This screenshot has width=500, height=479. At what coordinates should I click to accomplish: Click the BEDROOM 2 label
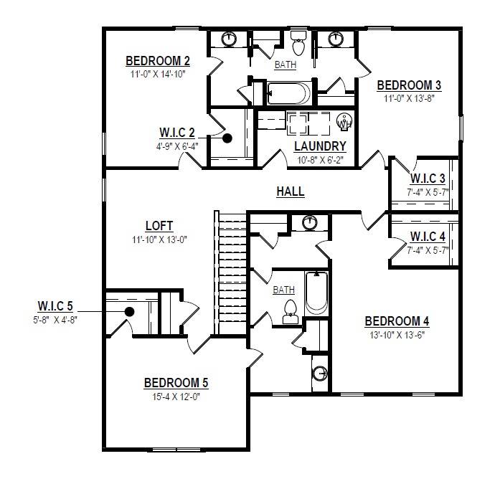coord(158,61)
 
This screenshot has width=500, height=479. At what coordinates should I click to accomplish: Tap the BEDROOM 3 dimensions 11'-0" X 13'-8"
coord(409,98)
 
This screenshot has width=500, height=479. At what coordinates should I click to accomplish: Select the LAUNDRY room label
coord(320,146)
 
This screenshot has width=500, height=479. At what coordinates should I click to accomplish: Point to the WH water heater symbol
coord(344,121)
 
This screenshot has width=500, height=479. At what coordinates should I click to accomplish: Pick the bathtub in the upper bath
coord(289,93)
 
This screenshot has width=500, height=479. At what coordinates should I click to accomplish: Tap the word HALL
coord(291,191)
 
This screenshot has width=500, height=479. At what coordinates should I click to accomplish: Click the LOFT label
coord(159,226)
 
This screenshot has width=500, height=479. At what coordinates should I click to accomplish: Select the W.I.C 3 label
coord(428,179)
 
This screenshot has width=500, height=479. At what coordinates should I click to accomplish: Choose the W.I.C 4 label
coord(428,237)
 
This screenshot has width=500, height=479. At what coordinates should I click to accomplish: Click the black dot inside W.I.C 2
coord(227,138)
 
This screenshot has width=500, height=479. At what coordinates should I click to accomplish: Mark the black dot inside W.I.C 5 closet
coord(129,312)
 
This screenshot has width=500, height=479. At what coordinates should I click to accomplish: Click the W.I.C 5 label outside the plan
coord(55,306)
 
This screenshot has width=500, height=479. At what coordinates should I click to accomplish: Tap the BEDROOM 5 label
coord(176,383)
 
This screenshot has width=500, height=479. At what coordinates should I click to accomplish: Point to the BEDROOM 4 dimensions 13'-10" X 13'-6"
coord(397,335)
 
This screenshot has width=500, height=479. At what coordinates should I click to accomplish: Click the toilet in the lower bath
coord(291,312)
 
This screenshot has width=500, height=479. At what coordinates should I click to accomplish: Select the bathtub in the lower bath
coord(316,293)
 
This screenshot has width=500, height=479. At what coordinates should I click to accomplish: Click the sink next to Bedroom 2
coord(229,39)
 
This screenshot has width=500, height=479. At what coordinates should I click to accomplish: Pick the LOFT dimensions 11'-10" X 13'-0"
coord(159,239)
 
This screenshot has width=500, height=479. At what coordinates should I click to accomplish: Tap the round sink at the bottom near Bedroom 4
coord(320,373)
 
